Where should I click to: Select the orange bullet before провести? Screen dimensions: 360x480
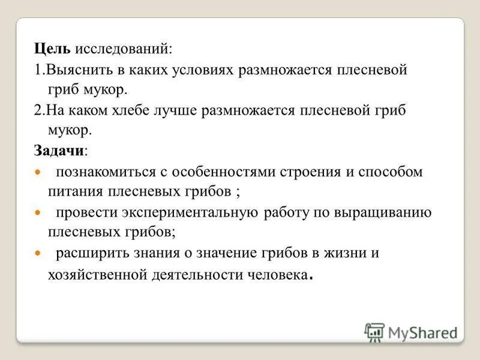tap(37, 213)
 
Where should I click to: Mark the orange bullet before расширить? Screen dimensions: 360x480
tap(37, 253)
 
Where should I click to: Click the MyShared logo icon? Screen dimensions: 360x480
tap(374, 332)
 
